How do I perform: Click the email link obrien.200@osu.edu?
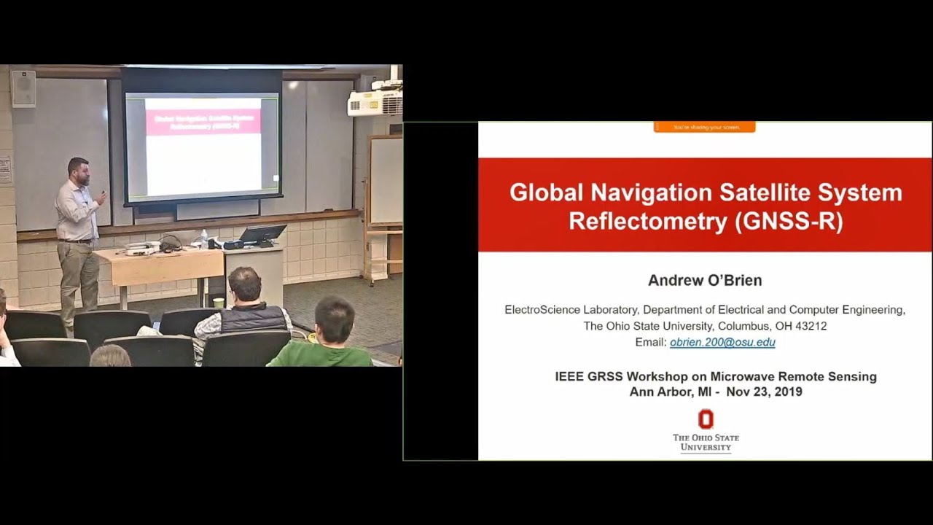click(722, 342)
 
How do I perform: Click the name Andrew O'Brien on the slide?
click(705, 281)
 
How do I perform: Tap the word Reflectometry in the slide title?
click(649, 221)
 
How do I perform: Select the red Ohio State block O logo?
click(706, 419)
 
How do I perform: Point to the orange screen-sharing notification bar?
click(705, 127)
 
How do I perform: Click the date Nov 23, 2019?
click(764, 392)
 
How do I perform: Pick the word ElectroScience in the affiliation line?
click(539, 310)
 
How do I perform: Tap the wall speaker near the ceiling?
click(23, 88)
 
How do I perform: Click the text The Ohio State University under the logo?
click(705, 442)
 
